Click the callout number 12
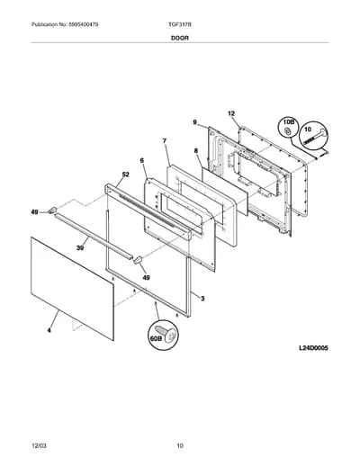coord(231,113)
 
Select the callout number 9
coord(195,122)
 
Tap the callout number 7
coord(165,140)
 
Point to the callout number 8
coord(196,151)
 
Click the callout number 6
coord(142,160)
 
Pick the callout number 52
coord(125,175)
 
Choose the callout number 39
coord(80,248)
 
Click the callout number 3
coord(202,299)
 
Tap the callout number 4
coord(49,330)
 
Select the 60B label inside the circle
coord(156,338)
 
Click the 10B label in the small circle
coord(289,122)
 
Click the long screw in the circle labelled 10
coord(315,137)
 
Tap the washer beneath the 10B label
coord(287,130)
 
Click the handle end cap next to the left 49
coord(53,210)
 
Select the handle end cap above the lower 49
coord(138,260)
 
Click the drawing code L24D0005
coord(313,348)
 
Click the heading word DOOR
coord(180,38)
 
